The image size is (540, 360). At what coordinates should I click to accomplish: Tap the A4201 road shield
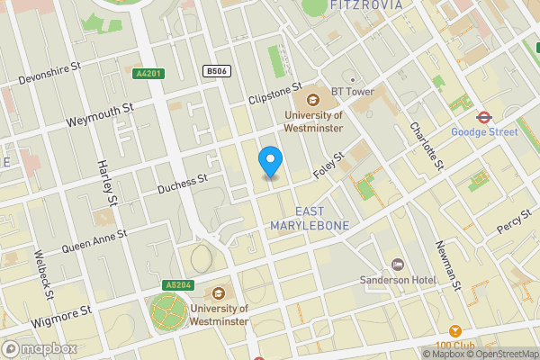coord(149,74)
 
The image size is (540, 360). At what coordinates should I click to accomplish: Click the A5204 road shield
coord(177,285)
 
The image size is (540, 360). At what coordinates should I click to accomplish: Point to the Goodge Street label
coord(484,132)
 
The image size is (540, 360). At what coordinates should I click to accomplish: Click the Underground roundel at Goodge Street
coord(483,116)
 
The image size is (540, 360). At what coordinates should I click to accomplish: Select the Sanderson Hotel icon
coord(397,264)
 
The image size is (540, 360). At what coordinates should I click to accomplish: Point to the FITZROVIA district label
coord(367,5)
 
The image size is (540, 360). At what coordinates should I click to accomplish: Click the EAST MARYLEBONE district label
coord(309,218)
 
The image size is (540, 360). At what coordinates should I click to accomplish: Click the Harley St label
coord(106,181)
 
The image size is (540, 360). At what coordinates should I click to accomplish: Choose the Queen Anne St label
coord(94,239)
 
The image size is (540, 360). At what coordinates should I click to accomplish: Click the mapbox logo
coord(39,348)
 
